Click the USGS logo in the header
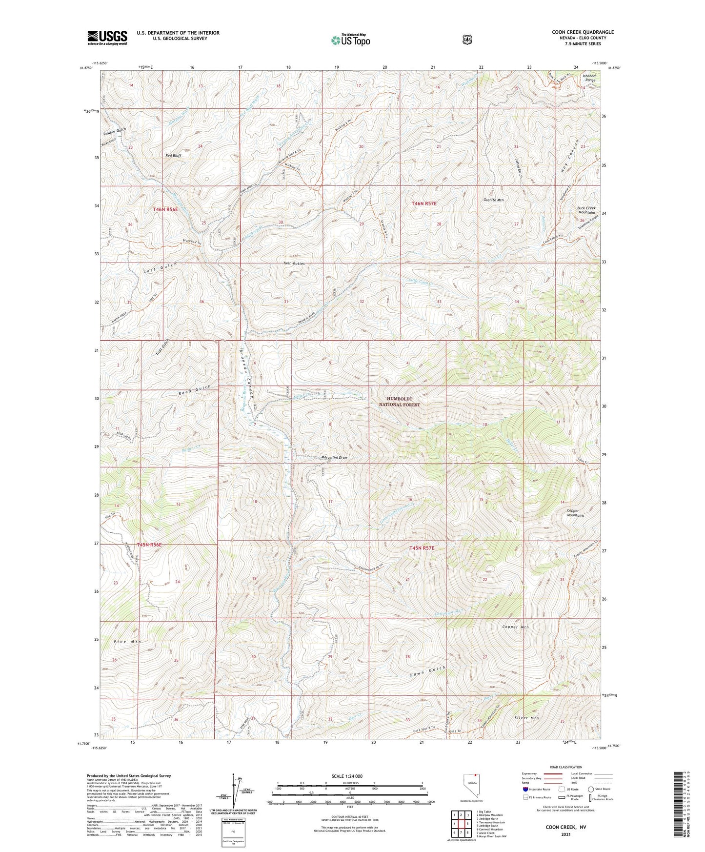tap(107, 37)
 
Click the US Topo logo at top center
tap(350, 40)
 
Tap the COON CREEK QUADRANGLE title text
tap(583, 32)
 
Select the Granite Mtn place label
tap(493, 200)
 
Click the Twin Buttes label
tap(294, 264)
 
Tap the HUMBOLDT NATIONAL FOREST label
tap(399, 402)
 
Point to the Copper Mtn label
tap(515, 627)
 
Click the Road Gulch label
tap(195, 389)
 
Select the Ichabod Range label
tap(589, 78)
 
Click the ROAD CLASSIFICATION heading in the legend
tap(566, 767)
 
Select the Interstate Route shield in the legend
tap(525, 789)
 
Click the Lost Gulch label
tap(160, 267)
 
